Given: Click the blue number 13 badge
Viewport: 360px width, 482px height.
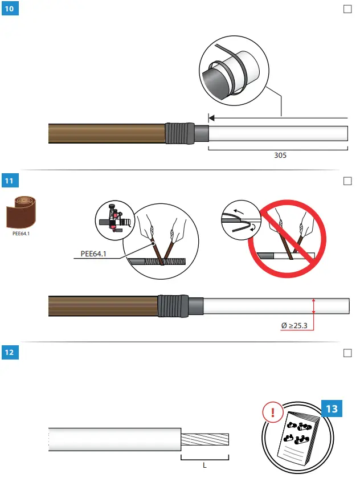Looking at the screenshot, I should [x=332, y=409].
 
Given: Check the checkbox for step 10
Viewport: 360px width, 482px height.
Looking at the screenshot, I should [x=347, y=9].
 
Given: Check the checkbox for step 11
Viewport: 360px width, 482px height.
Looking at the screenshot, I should [x=347, y=181].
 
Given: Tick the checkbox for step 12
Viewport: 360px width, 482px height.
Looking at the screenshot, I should [x=347, y=353].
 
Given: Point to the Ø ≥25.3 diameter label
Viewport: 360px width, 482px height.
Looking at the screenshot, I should [x=294, y=326].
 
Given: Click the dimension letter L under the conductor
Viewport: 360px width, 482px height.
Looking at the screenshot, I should [x=204, y=464].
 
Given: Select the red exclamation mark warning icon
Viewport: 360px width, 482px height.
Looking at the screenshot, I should [x=273, y=411].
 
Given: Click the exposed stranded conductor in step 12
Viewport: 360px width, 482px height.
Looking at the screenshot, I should [x=205, y=440].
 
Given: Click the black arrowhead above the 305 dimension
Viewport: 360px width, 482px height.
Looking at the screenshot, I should [x=211, y=118].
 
